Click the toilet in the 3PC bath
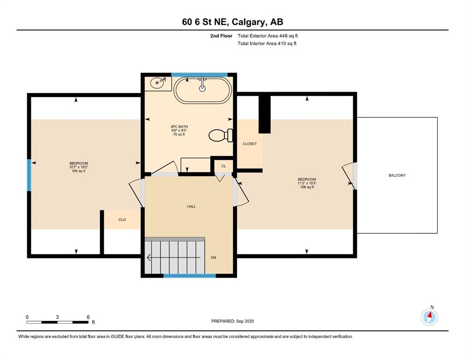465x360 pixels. [x=221, y=135]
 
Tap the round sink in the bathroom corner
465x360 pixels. [x=157, y=83]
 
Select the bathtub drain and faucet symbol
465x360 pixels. [x=202, y=84]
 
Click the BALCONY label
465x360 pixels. [x=397, y=175]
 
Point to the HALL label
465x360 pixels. [x=191, y=207]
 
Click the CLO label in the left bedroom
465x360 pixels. [x=122, y=220]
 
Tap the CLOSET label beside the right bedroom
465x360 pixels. [x=250, y=143]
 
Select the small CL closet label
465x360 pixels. [x=224, y=166]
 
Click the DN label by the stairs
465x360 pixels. [x=214, y=258]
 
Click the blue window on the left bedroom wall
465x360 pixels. [x=29, y=175]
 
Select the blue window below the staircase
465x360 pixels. [x=190, y=276]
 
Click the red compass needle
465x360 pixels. [x=429, y=315]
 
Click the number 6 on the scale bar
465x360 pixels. [x=88, y=317]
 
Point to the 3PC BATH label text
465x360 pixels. [x=179, y=127]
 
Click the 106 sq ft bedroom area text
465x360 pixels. [x=307, y=187]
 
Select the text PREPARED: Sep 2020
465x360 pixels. [x=232, y=321]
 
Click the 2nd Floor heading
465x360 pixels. [x=221, y=36]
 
